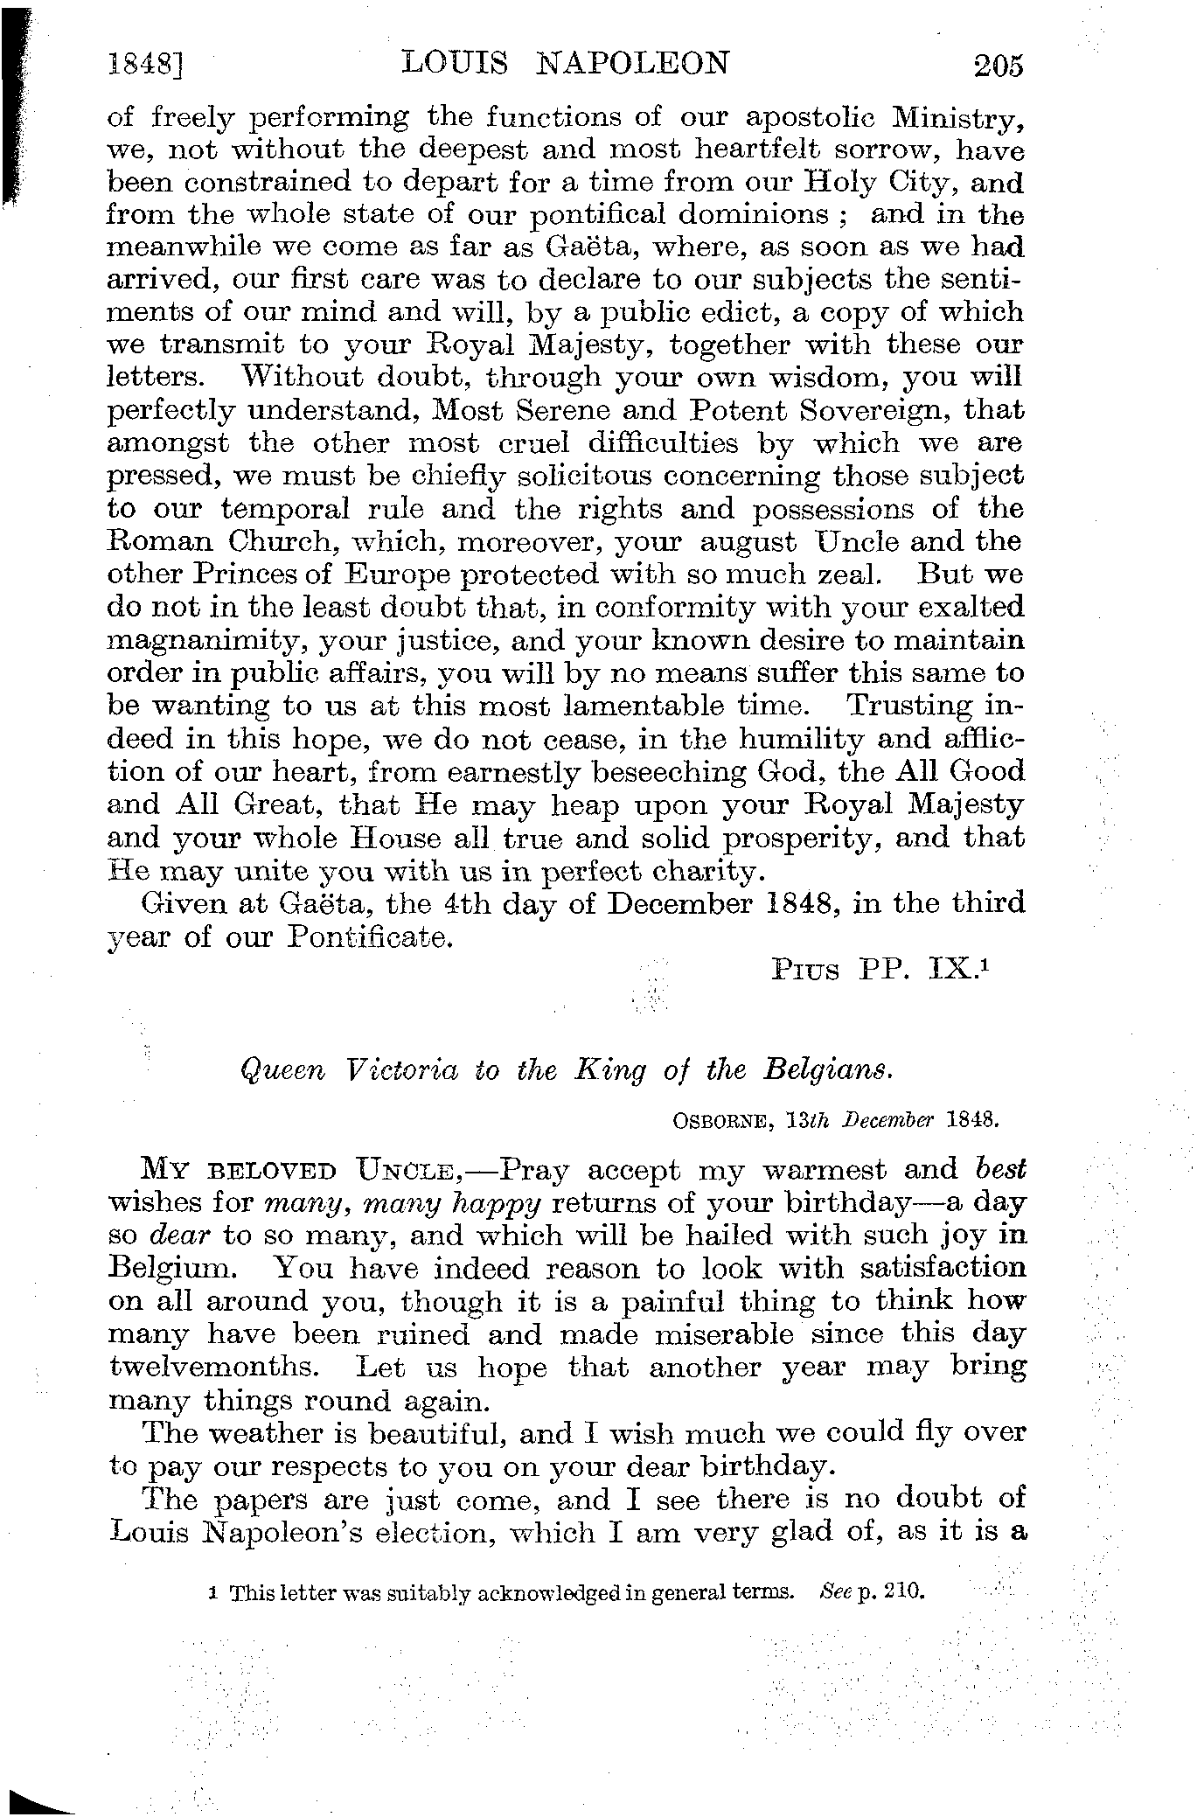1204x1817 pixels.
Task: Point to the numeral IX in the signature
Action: pyautogui.click(x=948, y=969)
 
